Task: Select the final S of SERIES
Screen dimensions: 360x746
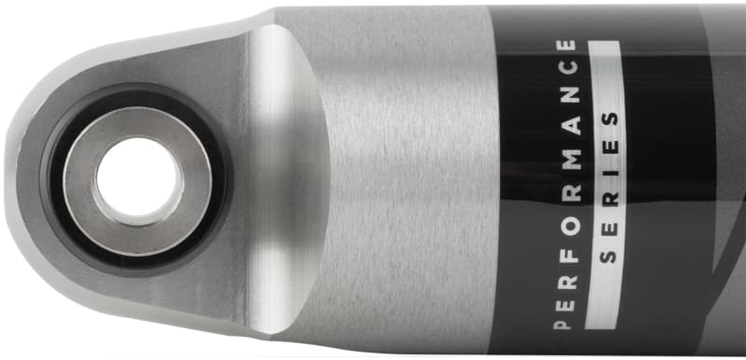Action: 611,119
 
